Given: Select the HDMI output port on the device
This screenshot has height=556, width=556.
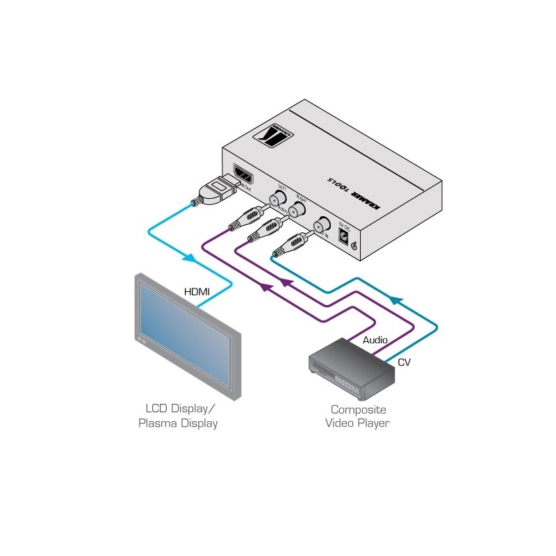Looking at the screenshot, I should [243, 174].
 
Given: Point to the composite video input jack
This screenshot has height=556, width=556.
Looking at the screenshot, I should [320, 225].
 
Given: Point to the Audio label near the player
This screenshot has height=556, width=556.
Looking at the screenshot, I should [375, 340].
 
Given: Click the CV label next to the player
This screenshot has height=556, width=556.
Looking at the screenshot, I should [404, 362].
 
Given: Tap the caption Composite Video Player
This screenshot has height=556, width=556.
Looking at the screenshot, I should [358, 416].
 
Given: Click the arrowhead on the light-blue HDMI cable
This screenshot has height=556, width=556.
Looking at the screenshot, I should [189, 258].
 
